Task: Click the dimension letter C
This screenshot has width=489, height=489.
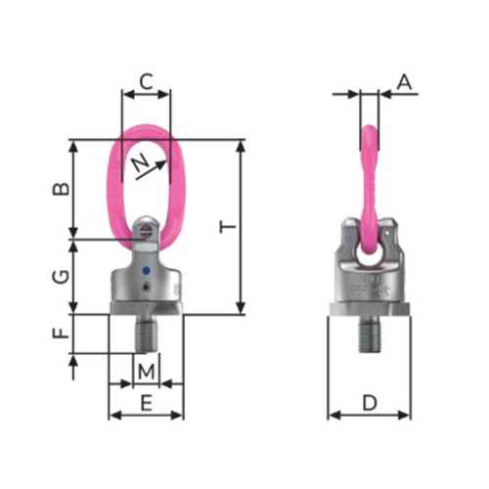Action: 147,81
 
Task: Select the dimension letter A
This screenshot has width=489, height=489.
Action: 405,82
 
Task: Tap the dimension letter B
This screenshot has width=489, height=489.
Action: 62,188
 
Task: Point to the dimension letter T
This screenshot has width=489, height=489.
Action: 227,227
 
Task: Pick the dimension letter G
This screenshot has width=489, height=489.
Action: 62,277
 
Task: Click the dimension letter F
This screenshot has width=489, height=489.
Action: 62,333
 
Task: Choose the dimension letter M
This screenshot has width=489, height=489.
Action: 146,372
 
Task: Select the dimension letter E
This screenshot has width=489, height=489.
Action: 147,403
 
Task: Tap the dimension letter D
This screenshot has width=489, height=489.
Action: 370,403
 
